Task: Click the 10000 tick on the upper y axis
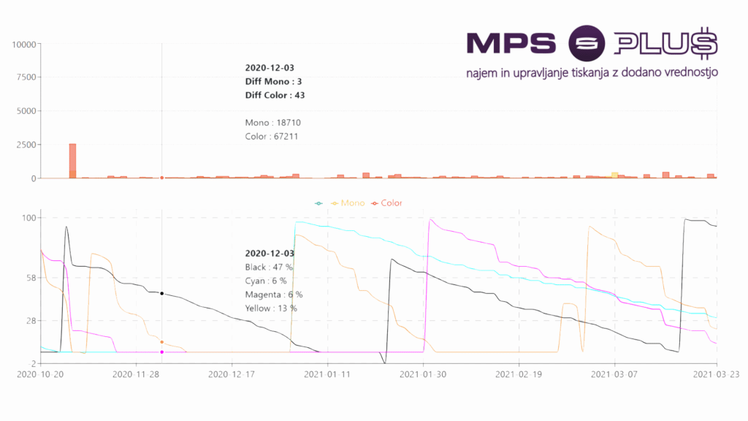[24, 44]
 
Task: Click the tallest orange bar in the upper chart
[72, 161]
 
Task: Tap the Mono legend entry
[353, 203]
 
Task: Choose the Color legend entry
[391, 203]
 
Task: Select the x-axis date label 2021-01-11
[327, 373]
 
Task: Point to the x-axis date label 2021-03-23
[716, 373]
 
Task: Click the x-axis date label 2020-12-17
[232, 373]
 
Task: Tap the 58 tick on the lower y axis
[29, 278]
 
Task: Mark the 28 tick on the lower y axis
[29, 321]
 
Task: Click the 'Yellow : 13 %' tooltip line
[271, 308]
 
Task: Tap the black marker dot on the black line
[161, 294]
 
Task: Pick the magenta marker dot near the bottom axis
[161, 352]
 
